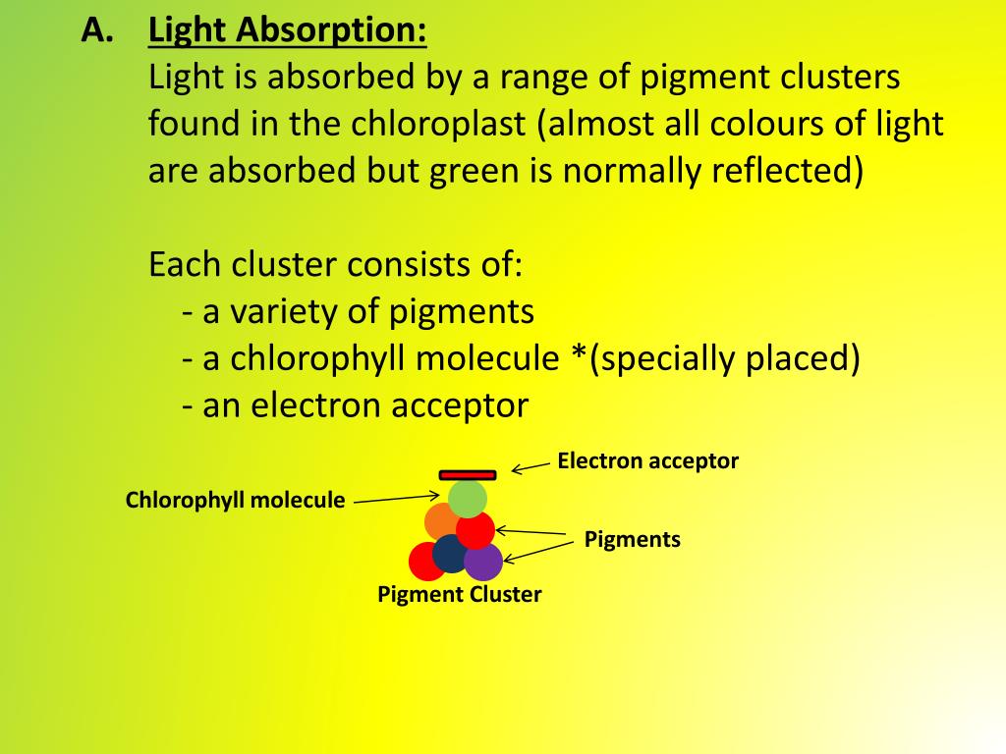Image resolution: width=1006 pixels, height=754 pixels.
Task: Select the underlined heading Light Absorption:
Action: point(288,31)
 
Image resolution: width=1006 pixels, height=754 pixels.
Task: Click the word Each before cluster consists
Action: point(186,264)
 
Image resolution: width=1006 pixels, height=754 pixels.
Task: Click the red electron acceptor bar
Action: point(468,475)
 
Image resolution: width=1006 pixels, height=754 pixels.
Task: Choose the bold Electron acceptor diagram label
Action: point(647,460)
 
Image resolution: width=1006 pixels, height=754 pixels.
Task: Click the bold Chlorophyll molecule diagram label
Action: point(236,501)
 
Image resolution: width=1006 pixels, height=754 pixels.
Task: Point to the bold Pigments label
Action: point(632,539)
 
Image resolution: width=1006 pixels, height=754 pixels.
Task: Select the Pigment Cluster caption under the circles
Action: point(460,594)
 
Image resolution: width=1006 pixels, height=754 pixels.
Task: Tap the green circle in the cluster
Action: point(469,498)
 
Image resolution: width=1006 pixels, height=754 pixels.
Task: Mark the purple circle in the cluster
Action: point(484,562)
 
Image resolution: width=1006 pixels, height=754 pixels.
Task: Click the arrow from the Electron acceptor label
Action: point(531,466)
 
